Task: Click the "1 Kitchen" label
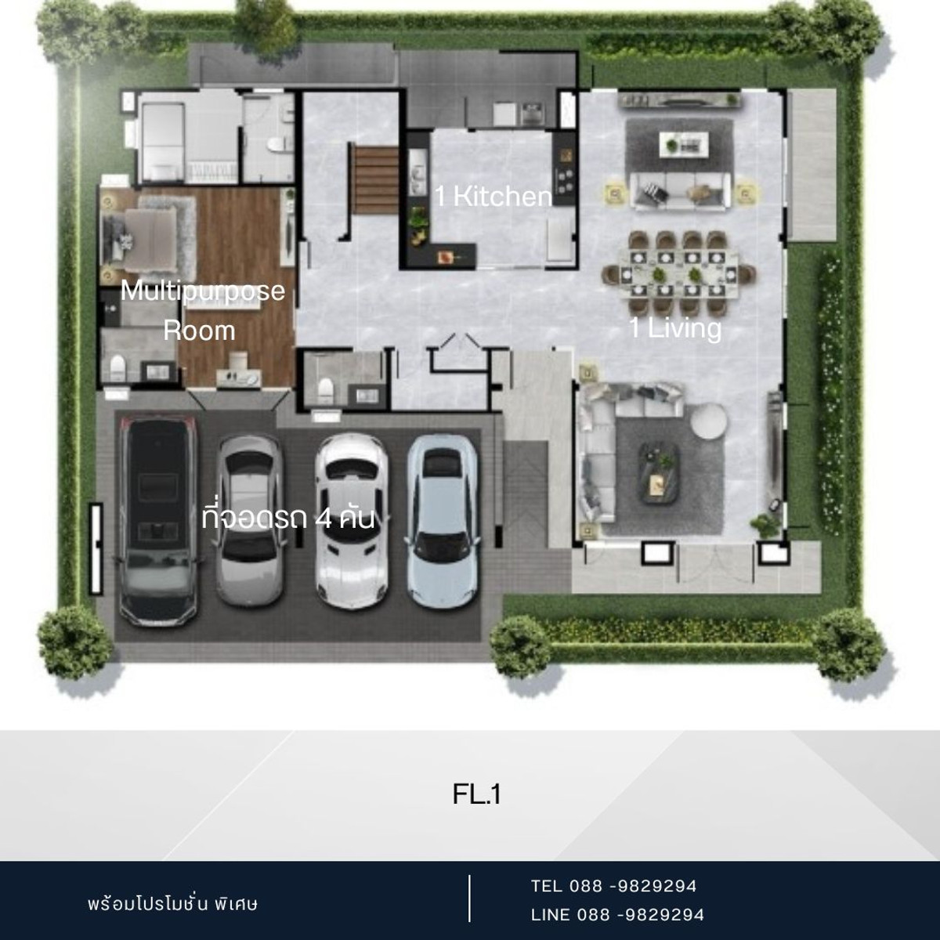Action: pyautogui.click(x=493, y=197)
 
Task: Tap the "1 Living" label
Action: pyautogui.click(x=675, y=327)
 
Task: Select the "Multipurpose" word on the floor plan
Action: pyautogui.click(x=202, y=291)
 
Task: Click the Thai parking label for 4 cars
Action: pyautogui.click(x=288, y=519)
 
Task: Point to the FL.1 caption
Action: pyautogui.click(x=476, y=794)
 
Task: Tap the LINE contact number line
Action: pyautogui.click(x=617, y=915)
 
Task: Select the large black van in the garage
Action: pyautogui.click(x=158, y=519)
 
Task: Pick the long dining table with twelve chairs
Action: pyautogui.click(x=679, y=273)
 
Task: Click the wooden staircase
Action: pyautogui.click(x=376, y=180)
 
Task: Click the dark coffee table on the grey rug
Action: pyautogui.click(x=660, y=472)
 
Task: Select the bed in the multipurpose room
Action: pyautogui.click(x=139, y=239)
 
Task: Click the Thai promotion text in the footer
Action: pyautogui.click(x=172, y=903)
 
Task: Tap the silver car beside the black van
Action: pyautogui.click(x=250, y=520)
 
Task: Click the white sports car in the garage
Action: pyautogui.click(x=351, y=521)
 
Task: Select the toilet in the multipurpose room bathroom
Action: pyautogui.click(x=117, y=368)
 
